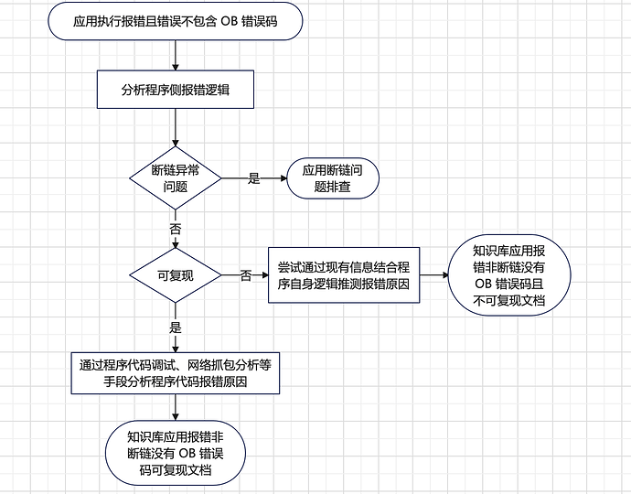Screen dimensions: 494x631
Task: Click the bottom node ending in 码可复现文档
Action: (x=175, y=454)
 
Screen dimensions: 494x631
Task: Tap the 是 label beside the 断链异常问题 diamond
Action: (x=254, y=178)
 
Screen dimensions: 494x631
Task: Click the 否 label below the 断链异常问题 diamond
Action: (x=175, y=228)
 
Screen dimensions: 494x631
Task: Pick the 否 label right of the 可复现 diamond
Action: (x=245, y=275)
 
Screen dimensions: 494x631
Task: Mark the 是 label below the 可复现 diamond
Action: (x=175, y=325)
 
